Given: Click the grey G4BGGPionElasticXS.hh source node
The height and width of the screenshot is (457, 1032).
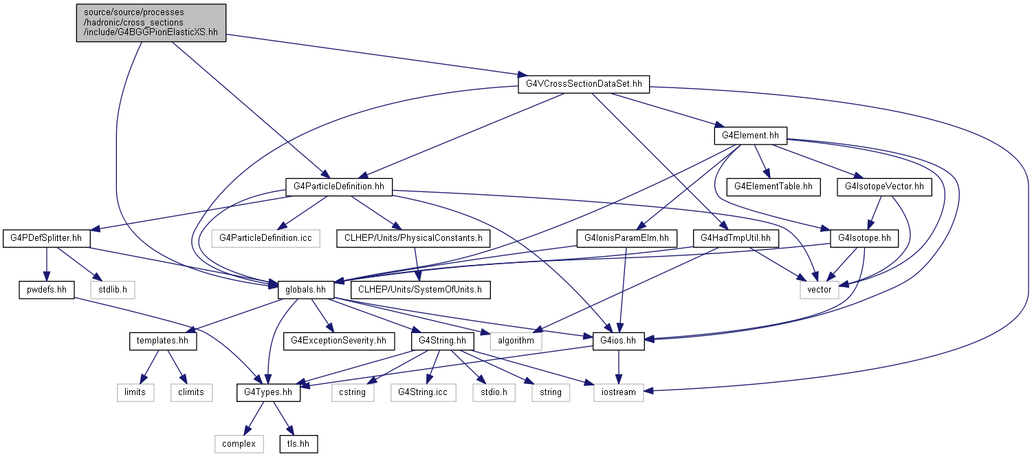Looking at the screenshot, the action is (x=151, y=23).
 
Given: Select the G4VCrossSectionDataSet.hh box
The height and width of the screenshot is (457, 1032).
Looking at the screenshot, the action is (x=584, y=85).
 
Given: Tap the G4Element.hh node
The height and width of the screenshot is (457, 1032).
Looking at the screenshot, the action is (x=751, y=136).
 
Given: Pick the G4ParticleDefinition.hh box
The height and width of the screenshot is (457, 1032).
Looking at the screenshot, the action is (x=339, y=187).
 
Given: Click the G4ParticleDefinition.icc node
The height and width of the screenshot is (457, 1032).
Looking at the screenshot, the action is (x=265, y=238).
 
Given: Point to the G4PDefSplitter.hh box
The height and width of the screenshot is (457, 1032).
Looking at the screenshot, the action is (x=46, y=238).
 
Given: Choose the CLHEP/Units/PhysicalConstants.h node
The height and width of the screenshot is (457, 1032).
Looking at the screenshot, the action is (x=413, y=238).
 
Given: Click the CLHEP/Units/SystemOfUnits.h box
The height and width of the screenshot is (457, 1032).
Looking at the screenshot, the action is (x=420, y=290).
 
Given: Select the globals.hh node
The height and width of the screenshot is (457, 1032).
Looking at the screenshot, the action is (x=305, y=290).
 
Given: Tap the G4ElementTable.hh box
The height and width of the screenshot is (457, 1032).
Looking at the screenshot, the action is (x=773, y=187).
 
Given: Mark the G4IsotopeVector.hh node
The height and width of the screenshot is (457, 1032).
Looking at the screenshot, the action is (x=884, y=187).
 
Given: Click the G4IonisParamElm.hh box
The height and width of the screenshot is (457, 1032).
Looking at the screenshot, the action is (x=626, y=238).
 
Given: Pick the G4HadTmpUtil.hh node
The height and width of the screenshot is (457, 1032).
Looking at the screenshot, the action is (x=736, y=238).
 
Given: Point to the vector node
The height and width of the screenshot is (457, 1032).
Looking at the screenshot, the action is (x=819, y=290).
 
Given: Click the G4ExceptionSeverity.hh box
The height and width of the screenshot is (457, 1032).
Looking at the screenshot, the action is (x=339, y=341).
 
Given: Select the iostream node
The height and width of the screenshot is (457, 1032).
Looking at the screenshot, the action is (x=618, y=392).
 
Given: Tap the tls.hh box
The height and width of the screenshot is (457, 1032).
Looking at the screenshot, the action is (x=298, y=444).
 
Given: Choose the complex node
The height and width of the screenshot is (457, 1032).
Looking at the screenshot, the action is (x=239, y=444).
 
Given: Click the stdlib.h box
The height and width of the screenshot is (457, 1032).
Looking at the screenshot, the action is (x=113, y=290).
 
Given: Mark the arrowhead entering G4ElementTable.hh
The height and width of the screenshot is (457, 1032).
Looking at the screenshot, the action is (x=766, y=174).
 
